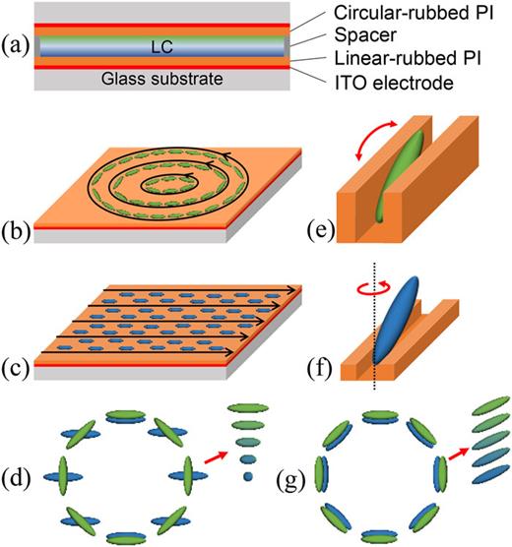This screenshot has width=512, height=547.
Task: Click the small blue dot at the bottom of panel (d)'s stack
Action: coord(246,476)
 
